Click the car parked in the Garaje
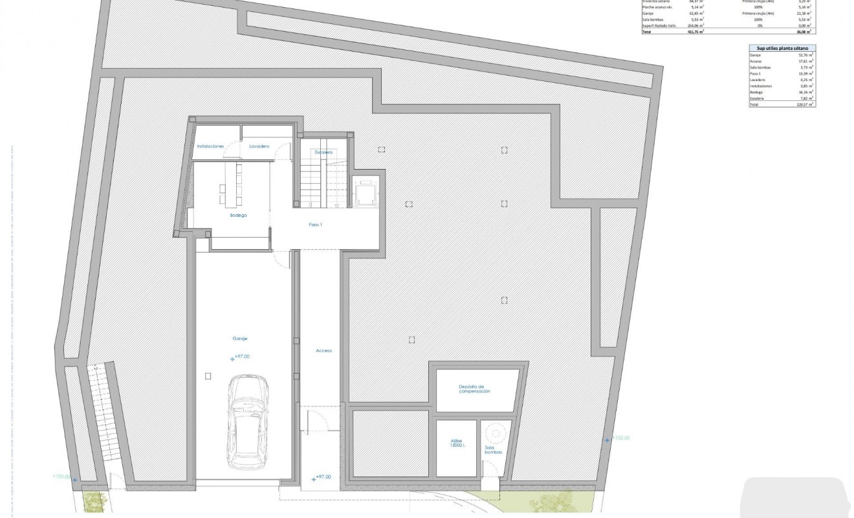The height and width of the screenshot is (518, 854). pos(246,425)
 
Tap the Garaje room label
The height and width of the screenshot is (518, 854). pos(241,339)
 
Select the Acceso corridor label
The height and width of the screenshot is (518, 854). pos(323,350)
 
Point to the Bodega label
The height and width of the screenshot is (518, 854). pos(239,215)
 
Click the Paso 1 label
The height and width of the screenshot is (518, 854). pos(315,225)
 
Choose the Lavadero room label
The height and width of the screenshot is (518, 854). pos(259,146)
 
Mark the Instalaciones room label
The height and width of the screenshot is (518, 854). pos(210,146)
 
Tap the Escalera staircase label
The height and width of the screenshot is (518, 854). pos(323,152)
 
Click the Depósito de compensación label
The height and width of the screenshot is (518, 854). pos(475,389)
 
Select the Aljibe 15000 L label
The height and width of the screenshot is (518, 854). pos(457,446)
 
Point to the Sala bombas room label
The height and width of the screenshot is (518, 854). pos(494,450)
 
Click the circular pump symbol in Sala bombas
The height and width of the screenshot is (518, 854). pos(495,432)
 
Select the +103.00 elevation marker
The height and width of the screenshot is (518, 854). pos(62,477)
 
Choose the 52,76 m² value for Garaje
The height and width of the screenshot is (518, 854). pos(805,54)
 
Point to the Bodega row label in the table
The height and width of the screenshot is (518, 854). pos(756,92)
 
